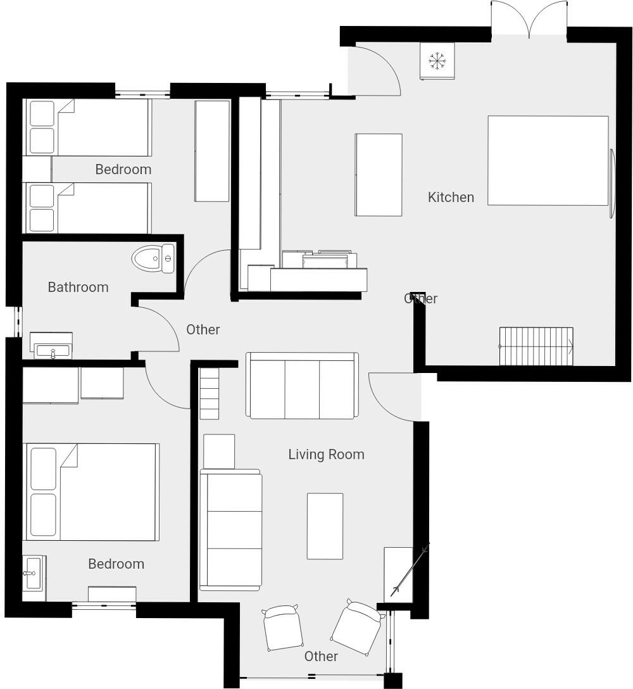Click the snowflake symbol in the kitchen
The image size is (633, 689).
point(437,61)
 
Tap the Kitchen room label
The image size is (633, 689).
point(451,197)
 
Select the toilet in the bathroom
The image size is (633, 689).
point(153,258)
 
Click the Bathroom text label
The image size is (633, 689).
point(78,287)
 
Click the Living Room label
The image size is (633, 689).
point(326,454)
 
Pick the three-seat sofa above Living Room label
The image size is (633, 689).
point(302,386)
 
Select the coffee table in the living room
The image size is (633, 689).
point(325,526)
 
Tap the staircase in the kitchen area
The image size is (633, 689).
point(536,346)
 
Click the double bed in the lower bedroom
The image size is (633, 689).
point(91,492)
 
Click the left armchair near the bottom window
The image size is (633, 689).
point(282,628)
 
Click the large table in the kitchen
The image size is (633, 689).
point(548,160)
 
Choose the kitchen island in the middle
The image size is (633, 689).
point(379,175)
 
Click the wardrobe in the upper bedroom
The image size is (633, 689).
point(212,151)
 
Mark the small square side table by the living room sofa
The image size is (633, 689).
point(219,451)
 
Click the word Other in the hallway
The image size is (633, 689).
point(203,329)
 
